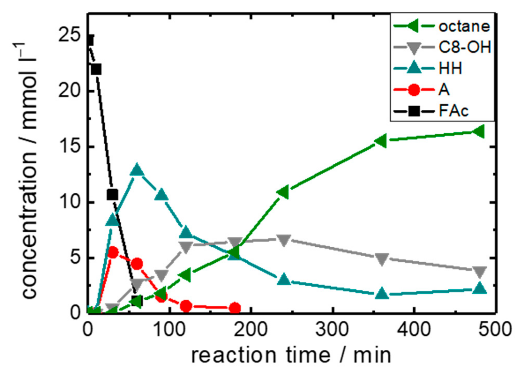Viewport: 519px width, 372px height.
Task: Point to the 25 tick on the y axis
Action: pyautogui.click(x=69, y=36)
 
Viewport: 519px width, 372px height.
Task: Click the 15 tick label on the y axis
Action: pyautogui.click(x=69, y=146)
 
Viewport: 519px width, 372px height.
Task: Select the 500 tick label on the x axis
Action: pyautogui.click(x=495, y=329)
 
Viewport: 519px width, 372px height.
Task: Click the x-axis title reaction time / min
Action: pyautogui.click(x=291, y=355)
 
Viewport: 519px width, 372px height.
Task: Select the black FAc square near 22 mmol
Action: pyautogui.click(x=96, y=69)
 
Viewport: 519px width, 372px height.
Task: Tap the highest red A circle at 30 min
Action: pyautogui.click(x=113, y=252)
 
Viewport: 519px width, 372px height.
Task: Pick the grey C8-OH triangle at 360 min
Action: pyautogui.click(x=382, y=259)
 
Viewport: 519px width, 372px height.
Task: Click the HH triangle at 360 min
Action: pyautogui.click(x=382, y=293)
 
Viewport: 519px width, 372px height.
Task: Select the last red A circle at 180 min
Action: pyautogui.click(x=235, y=308)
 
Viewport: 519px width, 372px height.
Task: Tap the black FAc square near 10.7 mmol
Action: pyautogui.click(x=112, y=195)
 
